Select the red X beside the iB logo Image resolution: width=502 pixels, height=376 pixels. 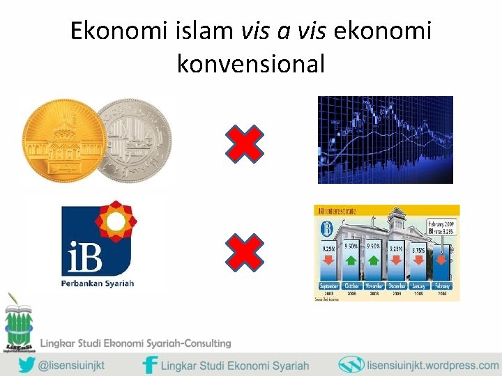tap(245, 252)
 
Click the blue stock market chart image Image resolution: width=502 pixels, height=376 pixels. tap(385, 140)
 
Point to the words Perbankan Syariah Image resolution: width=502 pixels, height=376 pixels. tap(98, 283)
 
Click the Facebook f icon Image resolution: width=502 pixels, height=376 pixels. tap(149, 365)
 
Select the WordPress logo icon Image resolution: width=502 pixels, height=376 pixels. tap(351, 365)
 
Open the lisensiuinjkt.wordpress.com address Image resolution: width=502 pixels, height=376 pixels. tap(432, 365)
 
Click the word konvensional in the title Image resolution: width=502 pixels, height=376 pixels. tap(251, 64)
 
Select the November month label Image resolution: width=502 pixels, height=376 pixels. tap(373, 286)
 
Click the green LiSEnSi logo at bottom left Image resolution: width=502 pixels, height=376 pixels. tap(18, 320)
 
